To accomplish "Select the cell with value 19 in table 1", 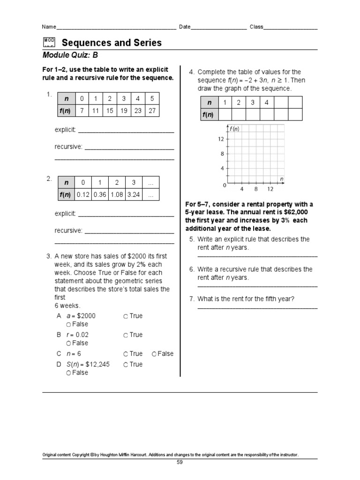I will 123,111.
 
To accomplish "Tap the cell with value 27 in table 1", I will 152,111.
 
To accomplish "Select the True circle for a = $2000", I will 126,316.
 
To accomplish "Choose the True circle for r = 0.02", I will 126,335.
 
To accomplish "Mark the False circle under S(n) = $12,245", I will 68,373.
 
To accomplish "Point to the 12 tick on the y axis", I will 220,139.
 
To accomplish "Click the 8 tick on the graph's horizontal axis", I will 256,189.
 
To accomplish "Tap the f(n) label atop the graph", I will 234,129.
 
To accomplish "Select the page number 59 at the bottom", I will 180,462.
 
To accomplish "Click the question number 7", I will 192,299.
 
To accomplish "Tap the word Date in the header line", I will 184,27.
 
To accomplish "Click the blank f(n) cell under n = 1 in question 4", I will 225,114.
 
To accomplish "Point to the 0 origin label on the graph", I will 224,186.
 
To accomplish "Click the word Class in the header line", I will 256,27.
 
